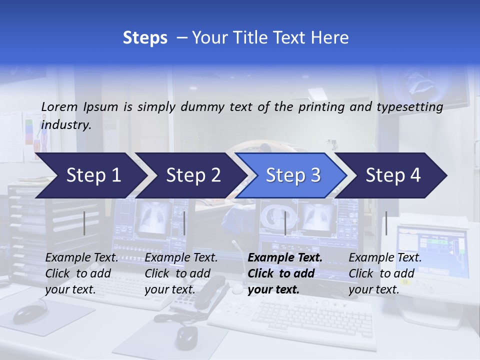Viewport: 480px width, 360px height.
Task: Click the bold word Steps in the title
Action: pyautogui.click(x=145, y=38)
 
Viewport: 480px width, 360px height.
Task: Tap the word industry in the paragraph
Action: pyautogui.click(x=65, y=125)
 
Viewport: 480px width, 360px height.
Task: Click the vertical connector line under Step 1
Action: pyautogui.click(x=84, y=223)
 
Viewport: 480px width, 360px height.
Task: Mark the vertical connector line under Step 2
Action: pyautogui.click(x=184, y=223)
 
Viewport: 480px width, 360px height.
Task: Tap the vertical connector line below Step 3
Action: pyautogui.click(x=285, y=223)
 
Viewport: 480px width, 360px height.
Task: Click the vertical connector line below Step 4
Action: pyautogui.click(x=386, y=223)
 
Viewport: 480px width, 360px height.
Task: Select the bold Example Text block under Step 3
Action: pyautogui.click(x=285, y=273)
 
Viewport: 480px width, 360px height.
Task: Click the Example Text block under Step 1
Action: pyautogui.click(x=81, y=273)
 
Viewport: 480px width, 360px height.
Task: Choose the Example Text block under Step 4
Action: pyautogui.click(x=385, y=273)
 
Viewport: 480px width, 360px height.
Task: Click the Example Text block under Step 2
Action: pyautogui.click(x=181, y=273)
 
